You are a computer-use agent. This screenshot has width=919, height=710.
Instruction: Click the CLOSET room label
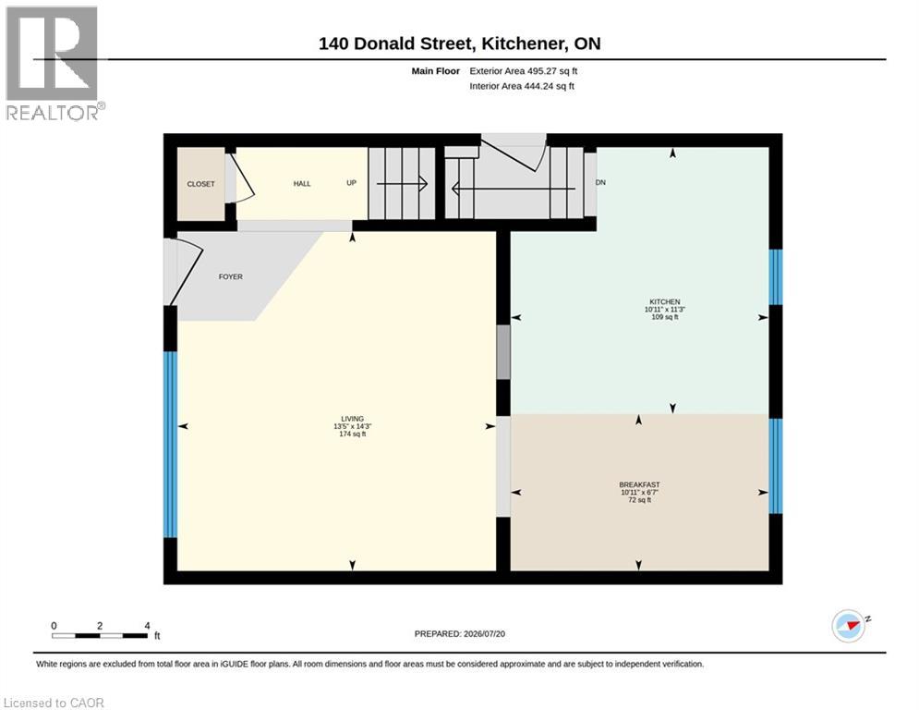tap(200, 184)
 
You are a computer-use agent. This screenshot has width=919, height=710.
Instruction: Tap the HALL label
tap(302, 184)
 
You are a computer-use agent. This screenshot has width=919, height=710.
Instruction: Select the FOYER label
tap(230, 277)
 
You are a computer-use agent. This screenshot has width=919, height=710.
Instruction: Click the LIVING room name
tap(353, 419)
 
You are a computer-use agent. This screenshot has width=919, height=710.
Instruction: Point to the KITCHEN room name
tap(665, 301)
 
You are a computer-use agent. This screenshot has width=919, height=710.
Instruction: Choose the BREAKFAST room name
tap(639, 484)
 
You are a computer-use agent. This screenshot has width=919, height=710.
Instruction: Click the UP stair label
tap(352, 182)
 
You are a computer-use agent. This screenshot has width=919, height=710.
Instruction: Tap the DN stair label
tap(600, 182)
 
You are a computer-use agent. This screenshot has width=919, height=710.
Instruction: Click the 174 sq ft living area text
tap(353, 435)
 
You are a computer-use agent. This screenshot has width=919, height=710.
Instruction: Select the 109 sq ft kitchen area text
tap(665, 317)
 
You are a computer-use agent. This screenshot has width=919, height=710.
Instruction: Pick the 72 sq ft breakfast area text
tap(639, 500)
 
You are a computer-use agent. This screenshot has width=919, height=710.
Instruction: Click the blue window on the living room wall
tap(170, 444)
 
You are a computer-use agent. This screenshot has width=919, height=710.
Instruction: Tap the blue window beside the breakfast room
tap(776, 466)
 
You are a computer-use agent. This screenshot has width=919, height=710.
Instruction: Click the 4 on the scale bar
tap(147, 626)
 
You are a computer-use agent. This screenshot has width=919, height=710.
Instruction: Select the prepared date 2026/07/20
tap(484, 633)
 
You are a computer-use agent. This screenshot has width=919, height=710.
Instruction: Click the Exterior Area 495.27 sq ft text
tap(524, 71)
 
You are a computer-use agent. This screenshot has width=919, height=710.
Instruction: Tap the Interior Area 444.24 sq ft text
tap(522, 86)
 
